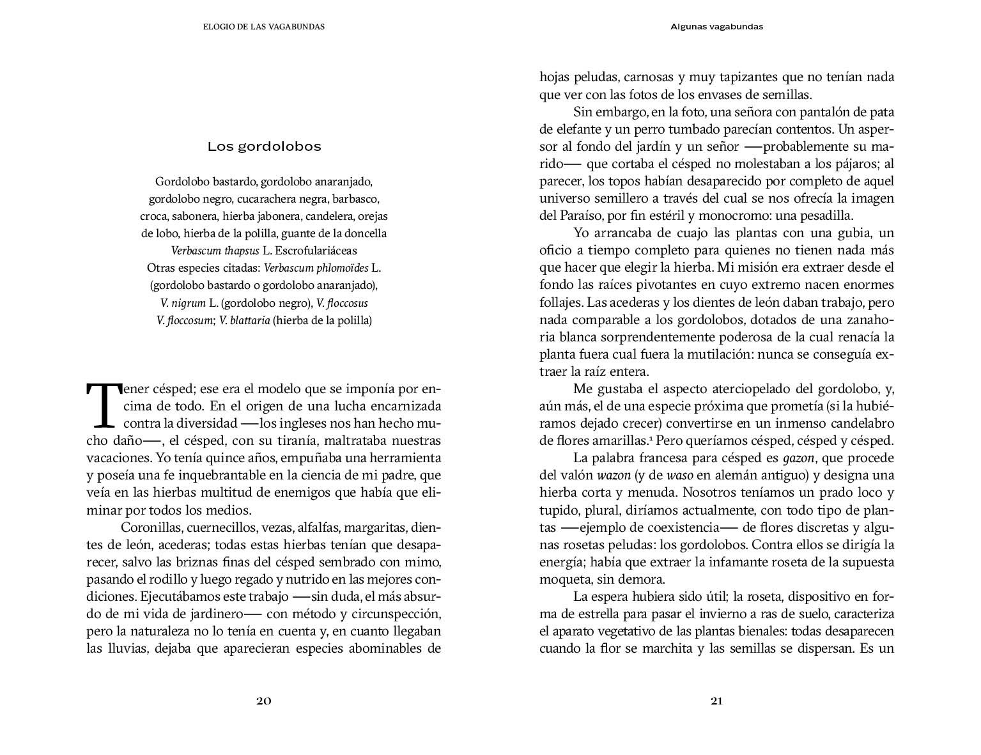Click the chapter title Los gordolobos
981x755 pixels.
(264, 147)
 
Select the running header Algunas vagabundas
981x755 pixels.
(716, 27)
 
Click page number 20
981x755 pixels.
(264, 701)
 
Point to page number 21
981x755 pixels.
(716, 701)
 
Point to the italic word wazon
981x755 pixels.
(613, 476)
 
